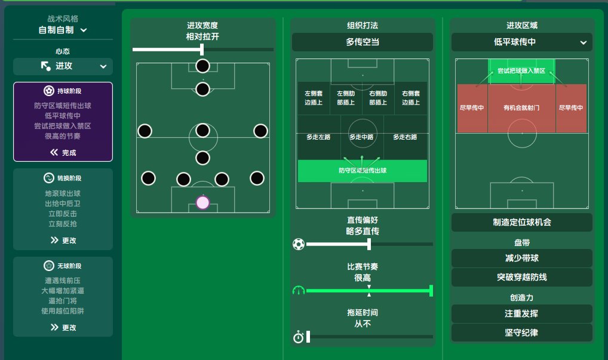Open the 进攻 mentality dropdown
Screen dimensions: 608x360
(x=63, y=66)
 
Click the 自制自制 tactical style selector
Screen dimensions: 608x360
(x=63, y=30)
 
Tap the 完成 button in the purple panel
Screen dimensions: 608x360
(x=63, y=153)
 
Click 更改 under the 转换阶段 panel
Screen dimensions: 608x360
(x=63, y=240)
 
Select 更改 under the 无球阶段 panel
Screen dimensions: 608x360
(x=63, y=327)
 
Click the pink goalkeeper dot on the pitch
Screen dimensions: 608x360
(x=203, y=202)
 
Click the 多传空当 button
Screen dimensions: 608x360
(x=362, y=42)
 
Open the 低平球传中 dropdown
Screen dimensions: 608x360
(x=521, y=42)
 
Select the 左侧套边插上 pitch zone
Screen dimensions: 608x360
(x=314, y=98)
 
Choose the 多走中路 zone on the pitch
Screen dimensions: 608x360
(x=362, y=137)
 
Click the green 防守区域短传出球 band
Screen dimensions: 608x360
(x=362, y=171)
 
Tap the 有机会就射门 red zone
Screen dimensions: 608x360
(x=521, y=108)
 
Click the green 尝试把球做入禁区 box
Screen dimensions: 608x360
(x=521, y=71)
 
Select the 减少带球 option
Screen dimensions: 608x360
(x=521, y=258)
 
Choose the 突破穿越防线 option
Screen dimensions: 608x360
(x=521, y=277)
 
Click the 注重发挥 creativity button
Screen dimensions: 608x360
(x=521, y=313)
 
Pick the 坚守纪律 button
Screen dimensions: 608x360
(x=521, y=333)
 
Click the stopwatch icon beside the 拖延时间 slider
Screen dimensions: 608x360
(x=298, y=337)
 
